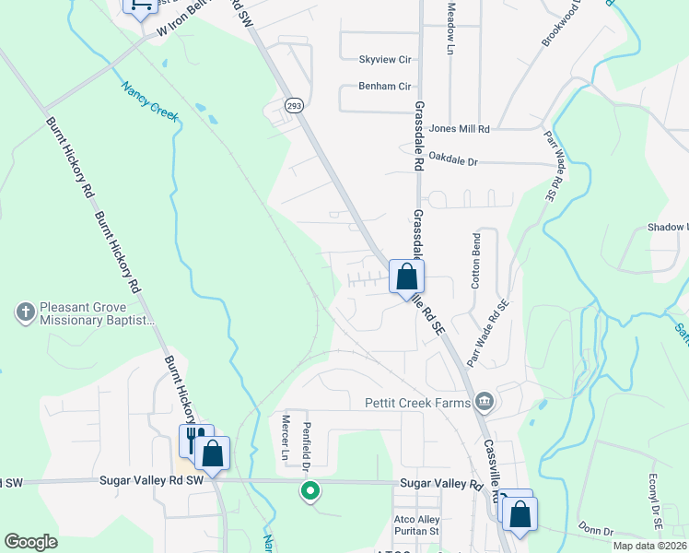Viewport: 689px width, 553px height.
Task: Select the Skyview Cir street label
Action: pos(384,59)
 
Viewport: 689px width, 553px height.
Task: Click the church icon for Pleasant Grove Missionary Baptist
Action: pos(25,312)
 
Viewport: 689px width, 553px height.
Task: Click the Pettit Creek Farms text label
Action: pos(417,402)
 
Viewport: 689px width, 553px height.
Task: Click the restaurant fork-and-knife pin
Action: pos(195,439)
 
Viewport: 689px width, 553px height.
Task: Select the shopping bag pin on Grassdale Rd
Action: pos(406,276)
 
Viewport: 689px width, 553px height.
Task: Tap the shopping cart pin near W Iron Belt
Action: pos(141,6)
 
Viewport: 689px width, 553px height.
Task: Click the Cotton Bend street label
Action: pos(475,267)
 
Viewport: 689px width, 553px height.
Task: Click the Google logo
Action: pos(30,541)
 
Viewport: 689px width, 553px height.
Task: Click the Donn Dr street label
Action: pos(595,531)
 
